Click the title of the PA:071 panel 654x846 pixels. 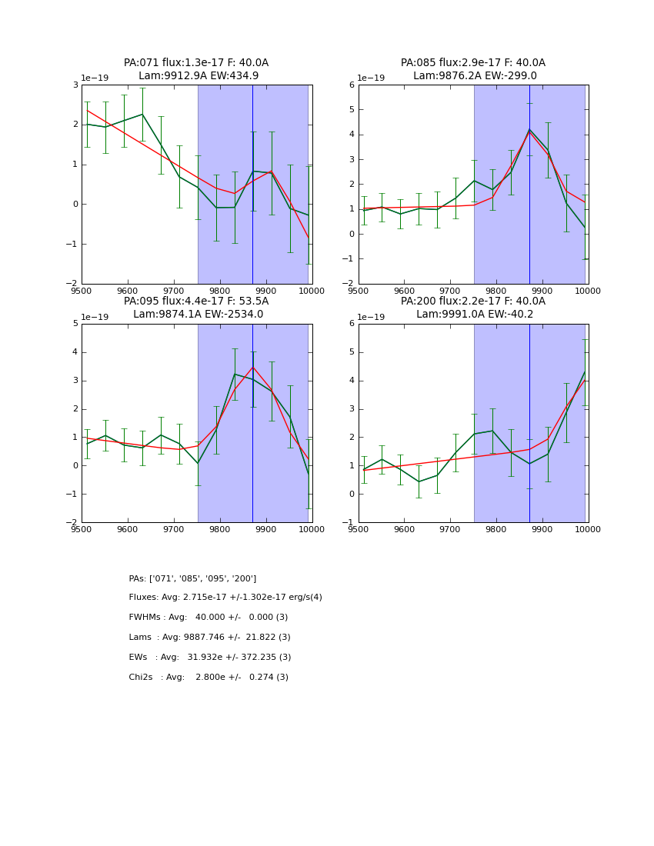pos(196,69)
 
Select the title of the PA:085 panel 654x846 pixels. pos(472,69)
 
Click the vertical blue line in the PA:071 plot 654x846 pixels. pos(252,185)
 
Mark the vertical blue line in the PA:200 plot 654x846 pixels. pos(529,423)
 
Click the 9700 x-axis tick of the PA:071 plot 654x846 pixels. pos(174,291)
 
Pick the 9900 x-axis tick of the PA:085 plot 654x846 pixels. pos(542,291)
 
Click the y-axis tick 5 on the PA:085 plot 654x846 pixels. pos(351,110)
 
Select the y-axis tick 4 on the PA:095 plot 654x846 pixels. pos(74,352)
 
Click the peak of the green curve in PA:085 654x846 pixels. pos(529,129)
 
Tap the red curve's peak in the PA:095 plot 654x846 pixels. pos(252,367)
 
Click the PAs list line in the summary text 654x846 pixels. pos(192,578)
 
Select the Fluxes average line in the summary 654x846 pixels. pos(225,598)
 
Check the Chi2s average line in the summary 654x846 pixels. pos(209,678)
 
